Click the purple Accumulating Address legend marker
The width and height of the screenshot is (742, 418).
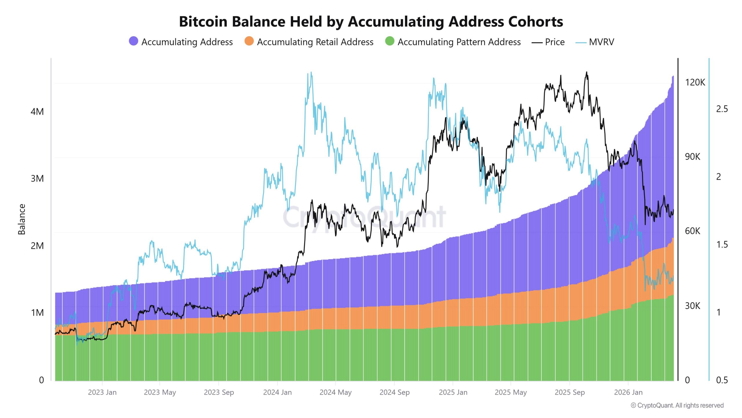tap(133, 41)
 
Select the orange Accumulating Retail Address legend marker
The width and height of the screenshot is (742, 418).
tap(249, 41)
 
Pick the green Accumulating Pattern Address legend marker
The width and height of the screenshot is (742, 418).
tap(390, 41)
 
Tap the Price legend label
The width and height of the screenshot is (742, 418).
tap(554, 42)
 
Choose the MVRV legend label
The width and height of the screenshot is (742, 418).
tap(601, 42)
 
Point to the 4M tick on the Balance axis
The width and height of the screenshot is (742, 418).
tap(37, 111)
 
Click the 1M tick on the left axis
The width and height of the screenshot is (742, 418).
tap(37, 313)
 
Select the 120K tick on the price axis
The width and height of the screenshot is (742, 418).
tap(695, 82)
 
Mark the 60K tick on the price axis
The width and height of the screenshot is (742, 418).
tap(692, 231)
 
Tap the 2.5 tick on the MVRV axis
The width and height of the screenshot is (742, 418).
tap(722, 109)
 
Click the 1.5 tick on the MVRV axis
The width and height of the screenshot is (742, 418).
tap(722, 244)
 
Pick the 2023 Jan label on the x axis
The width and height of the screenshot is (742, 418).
tap(102, 392)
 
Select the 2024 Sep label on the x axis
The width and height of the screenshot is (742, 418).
tap(394, 392)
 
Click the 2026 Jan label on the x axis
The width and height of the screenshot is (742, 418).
tap(628, 392)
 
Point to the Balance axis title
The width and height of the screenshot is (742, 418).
tap(22, 219)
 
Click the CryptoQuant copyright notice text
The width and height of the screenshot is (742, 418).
tap(677, 405)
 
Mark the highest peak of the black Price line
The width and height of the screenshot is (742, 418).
tap(587, 73)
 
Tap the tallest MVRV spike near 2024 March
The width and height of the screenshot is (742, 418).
tap(311, 73)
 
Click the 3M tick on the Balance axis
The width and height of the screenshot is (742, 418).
tap(37, 179)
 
